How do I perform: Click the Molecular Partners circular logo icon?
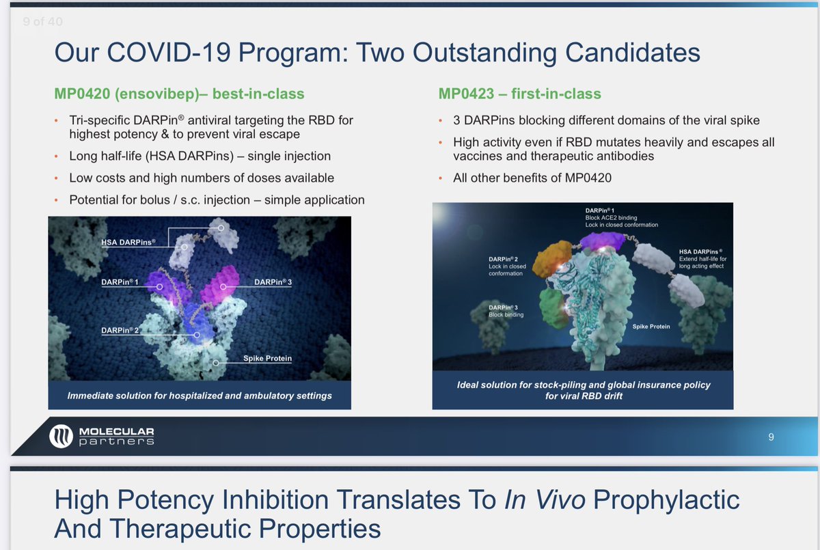tap(61, 436)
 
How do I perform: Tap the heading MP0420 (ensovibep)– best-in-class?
tap(179, 94)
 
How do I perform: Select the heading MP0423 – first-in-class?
tap(520, 94)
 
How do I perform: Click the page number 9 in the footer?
tap(771, 437)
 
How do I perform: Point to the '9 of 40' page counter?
tap(42, 22)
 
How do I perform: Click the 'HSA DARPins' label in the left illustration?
tap(128, 243)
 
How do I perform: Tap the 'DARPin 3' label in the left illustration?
tap(273, 282)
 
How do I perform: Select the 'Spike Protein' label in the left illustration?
tap(268, 358)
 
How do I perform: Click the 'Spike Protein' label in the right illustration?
tap(651, 327)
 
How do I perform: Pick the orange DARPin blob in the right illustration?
tap(551, 259)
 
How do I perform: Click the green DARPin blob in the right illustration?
tap(553, 308)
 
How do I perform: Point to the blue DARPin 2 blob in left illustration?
tap(197, 322)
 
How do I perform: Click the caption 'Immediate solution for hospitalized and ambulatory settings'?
tap(200, 396)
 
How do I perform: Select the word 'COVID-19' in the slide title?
tap(169, 53)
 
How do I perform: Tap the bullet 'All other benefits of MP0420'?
tap(532, 178)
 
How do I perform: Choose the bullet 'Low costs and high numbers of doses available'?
tap(202, 178)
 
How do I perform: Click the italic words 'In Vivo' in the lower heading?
tap(545, 499)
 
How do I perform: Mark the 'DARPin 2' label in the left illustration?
tap(120, 331)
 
